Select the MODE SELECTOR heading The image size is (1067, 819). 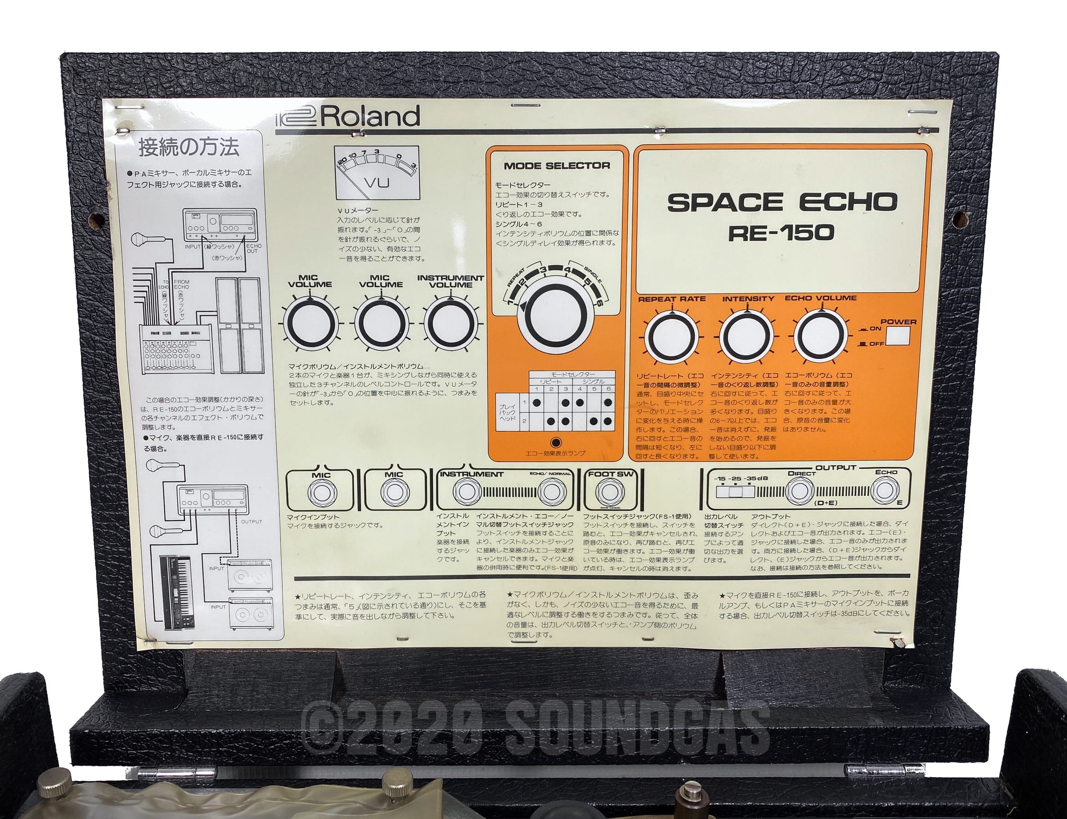[556, 166]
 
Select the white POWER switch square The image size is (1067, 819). [898, 336]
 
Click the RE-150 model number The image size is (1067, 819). [781, 233]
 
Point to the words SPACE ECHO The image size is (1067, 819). [782, 202]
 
